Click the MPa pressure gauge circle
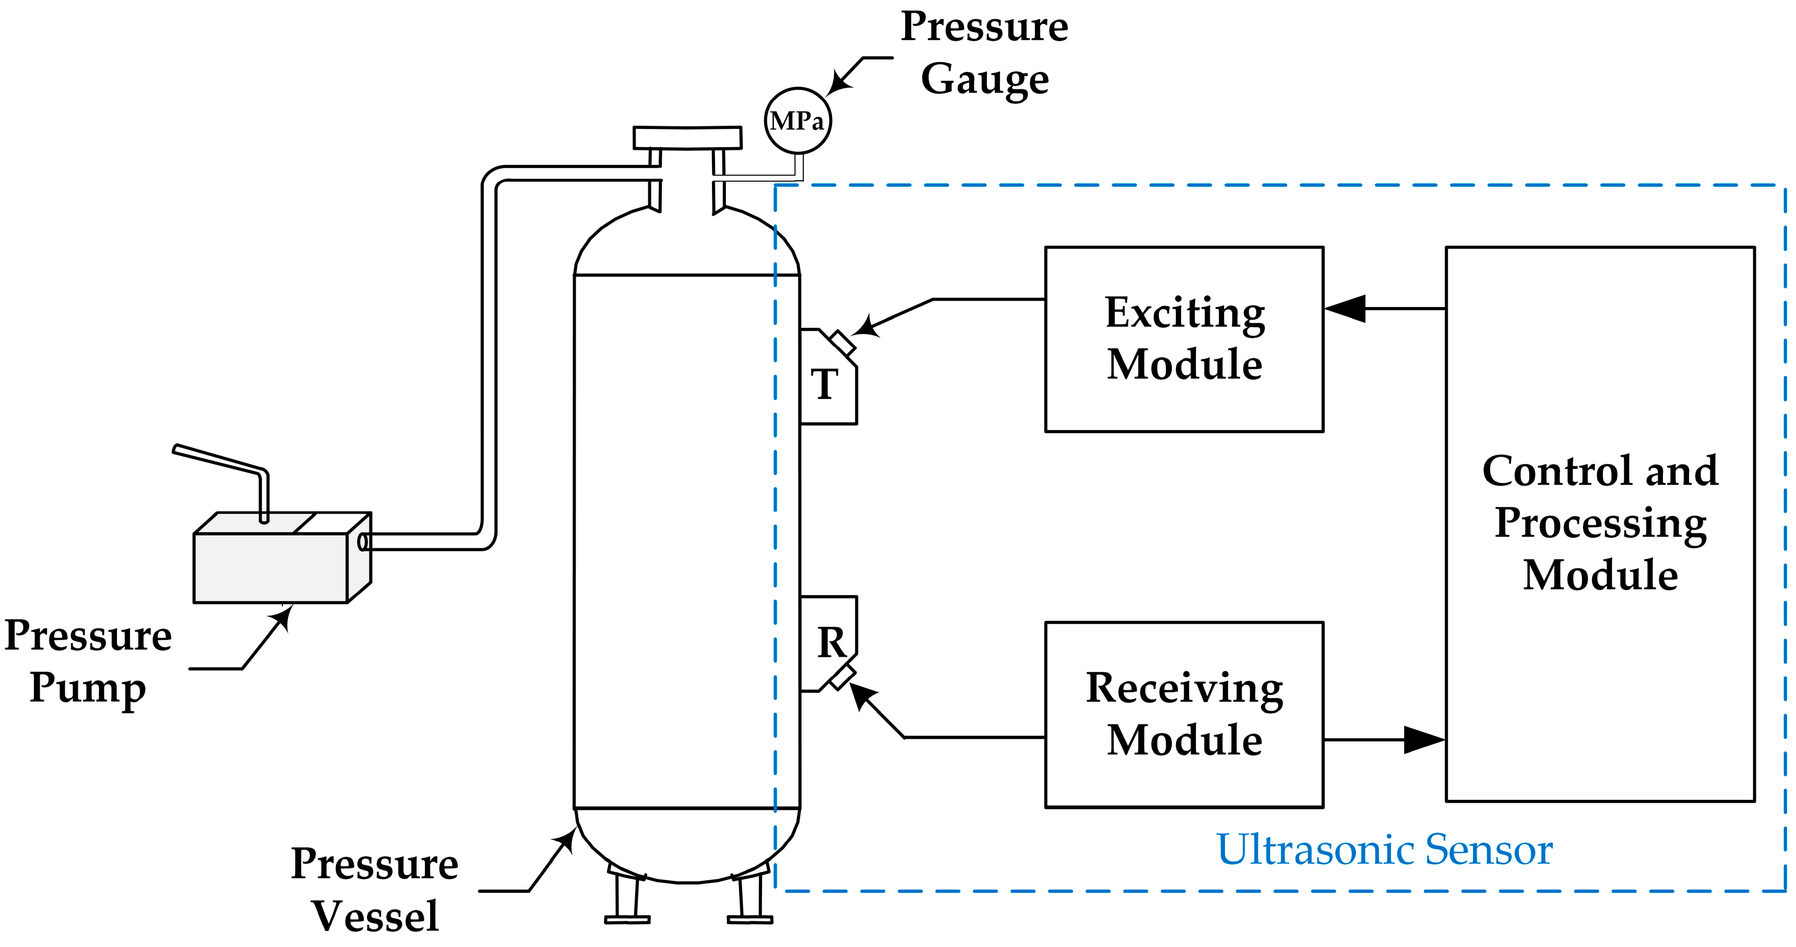(798, 121)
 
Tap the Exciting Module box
(1184, 339)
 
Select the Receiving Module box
(1184, 714)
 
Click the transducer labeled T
(827, 381)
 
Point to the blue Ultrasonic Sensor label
(1384, 849)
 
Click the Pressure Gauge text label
(984, 53)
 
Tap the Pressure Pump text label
(88, 661)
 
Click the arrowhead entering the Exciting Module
(1344, 308)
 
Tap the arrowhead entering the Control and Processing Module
(1424, 739)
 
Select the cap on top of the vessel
(687, 137)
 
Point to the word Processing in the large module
(1600, 523)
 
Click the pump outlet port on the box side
(363, 542)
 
